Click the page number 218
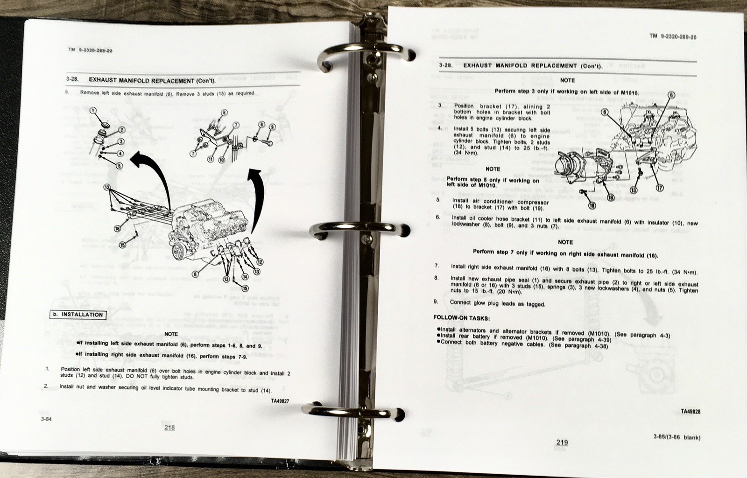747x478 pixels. point(169,427)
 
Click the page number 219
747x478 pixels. point(562,443)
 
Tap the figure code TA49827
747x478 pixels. point(280,401)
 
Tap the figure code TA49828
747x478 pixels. point(691,412)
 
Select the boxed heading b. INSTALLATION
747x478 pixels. point(78,315)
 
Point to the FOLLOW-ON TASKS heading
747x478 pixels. point(461,318)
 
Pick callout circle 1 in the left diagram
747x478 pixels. point(93,110)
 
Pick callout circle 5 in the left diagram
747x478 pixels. point(120,165)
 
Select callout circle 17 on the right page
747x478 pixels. point(660,188)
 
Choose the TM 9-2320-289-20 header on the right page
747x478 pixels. point(673,37)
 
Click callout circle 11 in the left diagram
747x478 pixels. point(211,160)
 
